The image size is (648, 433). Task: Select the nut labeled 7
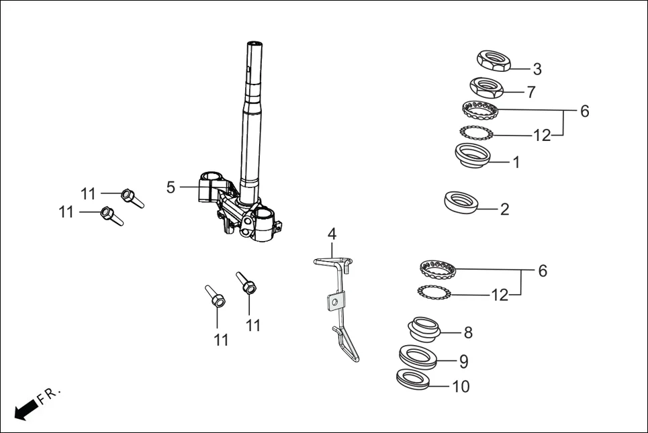pyautogui.click(x=488, y=87)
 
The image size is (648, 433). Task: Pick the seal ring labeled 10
pyautogui.click(x=412, y=379)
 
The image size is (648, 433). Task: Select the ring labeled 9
pyautogui.click(x=417, y=356)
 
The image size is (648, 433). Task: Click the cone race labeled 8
pyautogui.click(x=424, y=329)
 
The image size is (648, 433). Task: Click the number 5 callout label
pyautogui.click(x=171, y=187)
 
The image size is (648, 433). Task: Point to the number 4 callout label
pyautogui.click(x=332, y=234)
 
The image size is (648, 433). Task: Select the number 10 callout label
pyautogui.click(x=461, y=387)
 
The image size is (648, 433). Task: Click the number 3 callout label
pyautogui.click(x=537, y=68)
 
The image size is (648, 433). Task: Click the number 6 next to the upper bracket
pyautogui.click(x=584, y=111)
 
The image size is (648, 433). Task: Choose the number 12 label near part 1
pyautogui.click(x=541, y=136)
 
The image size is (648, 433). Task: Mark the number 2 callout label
pyautogui.click(x=504, y=209)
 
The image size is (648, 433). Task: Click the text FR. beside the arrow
pyautogui.click(x=49, y=395)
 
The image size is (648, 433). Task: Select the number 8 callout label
pyautogui.click(x=468, y=332)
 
